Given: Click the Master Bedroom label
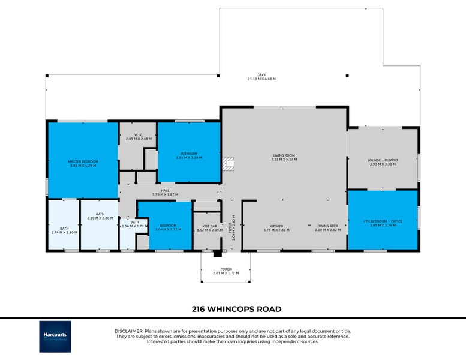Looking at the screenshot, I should point(83,162).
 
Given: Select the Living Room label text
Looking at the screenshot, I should point(283,157).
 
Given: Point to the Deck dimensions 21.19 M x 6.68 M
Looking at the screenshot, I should point(261,79).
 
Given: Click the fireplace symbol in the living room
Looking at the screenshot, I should point(227,164).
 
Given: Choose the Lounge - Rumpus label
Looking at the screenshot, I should point(383,160).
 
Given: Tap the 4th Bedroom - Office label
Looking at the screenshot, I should point(383,221).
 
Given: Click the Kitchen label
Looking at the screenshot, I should point(276,226).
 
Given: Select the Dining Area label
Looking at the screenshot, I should point(327,226).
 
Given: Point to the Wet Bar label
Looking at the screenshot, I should point(205,227).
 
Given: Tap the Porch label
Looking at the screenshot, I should point(226,269).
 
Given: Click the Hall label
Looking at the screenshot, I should point(166,191).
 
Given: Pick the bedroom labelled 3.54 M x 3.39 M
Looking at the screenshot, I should point(189,154).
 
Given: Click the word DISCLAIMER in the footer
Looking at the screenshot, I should point(128,331).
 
